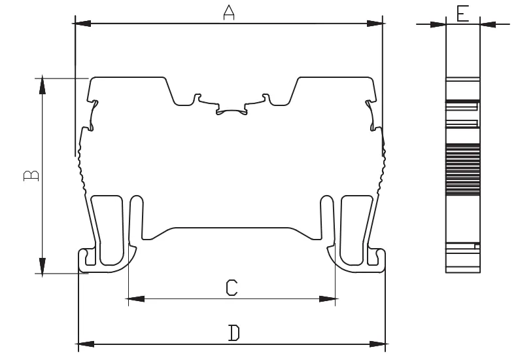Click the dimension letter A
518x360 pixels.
click(229, 12)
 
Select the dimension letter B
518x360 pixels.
click(31, 176)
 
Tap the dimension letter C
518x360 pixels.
click(232, 287)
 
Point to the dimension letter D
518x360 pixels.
click(234, 333)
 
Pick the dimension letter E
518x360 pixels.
click(463, 14)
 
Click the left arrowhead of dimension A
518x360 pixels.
click(82, 24)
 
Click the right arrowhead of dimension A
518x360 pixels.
click(375, 24)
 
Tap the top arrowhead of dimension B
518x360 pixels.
click(43, 85)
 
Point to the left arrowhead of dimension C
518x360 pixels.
click(135, 299)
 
